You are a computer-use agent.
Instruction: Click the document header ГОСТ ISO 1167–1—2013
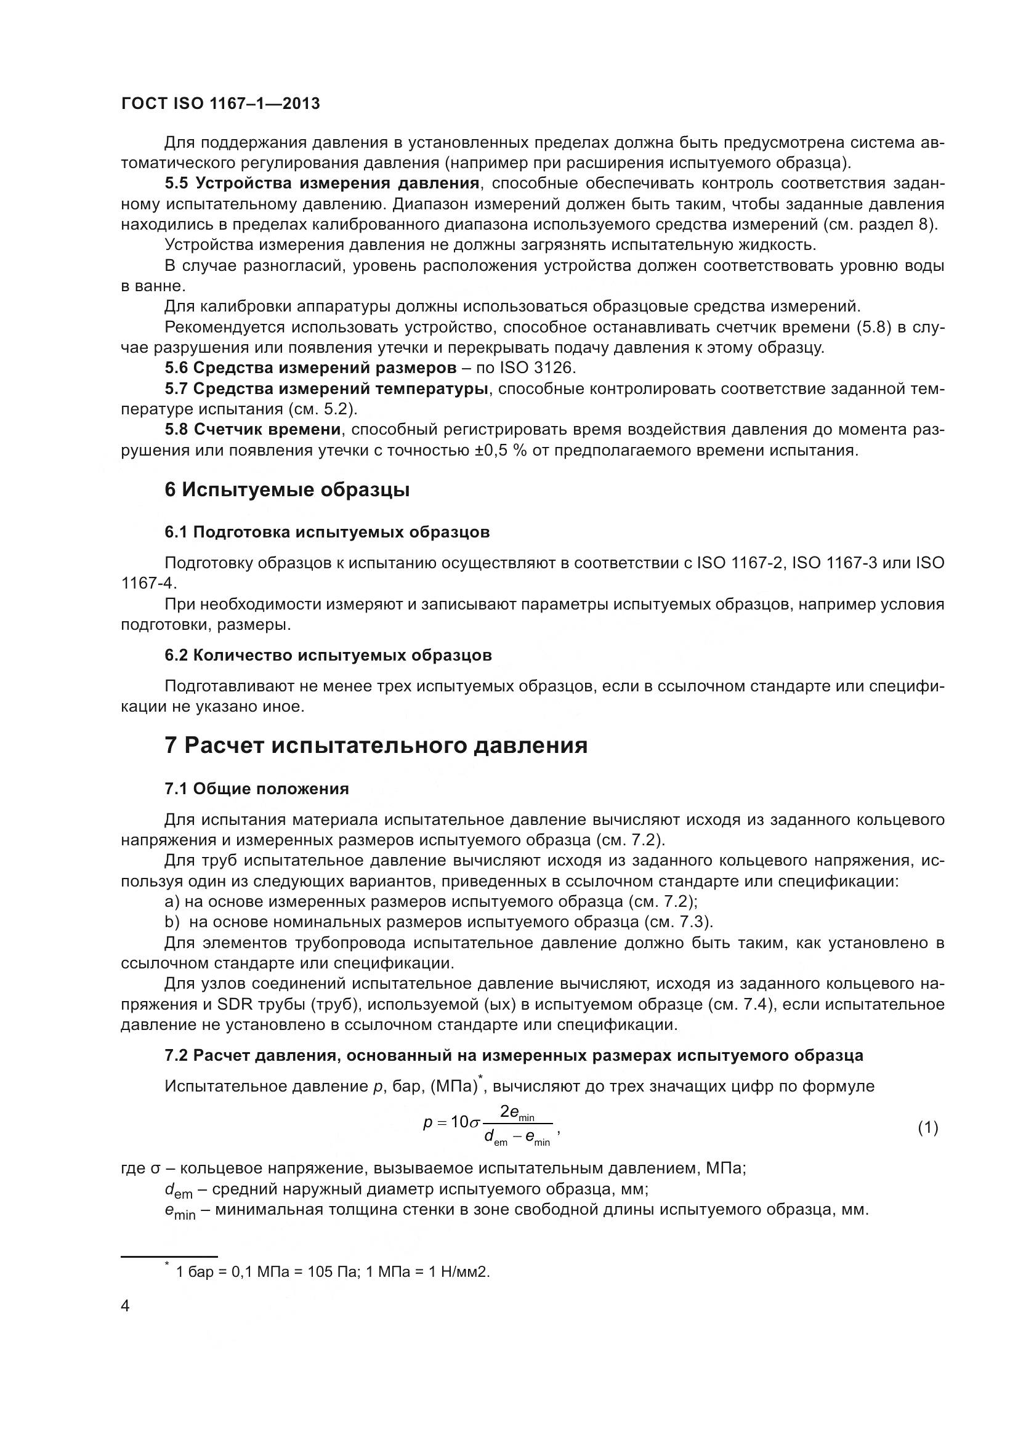pyautogui.click(x=220, y=103)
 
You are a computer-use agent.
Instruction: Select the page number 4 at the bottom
pyautogui.click(x=126, y=1306)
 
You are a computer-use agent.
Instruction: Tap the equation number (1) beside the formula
pyautogui.click(x=927, y=1128)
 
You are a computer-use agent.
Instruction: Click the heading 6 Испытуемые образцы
pyautogui.click(x=286, y=490)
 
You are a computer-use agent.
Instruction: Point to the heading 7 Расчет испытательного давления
pyautogui.click(x=376, y=745)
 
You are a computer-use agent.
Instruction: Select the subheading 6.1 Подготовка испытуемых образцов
pyautogui.click(x=327, y=533)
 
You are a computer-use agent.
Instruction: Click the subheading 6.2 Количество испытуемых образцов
pyautogui.click(x=328, y=656)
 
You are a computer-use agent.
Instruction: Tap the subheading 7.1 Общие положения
pyautogui.click(x=257, y=789)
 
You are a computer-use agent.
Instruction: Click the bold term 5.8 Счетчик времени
pyautogui.click(x=252, y=430)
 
